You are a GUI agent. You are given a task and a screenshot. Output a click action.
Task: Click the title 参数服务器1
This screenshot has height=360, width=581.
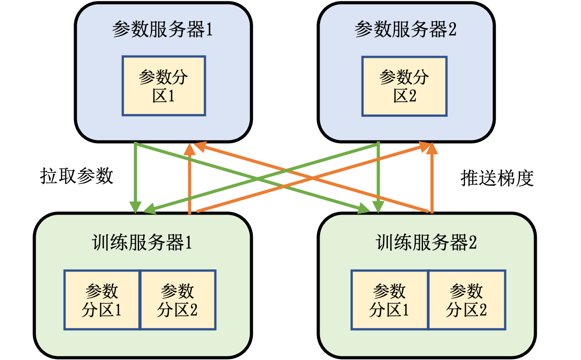coord(163,30)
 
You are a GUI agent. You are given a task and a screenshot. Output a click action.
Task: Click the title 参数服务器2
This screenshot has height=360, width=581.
coord(405,30)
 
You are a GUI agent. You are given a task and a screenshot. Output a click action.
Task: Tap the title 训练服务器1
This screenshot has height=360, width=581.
coord(142,243)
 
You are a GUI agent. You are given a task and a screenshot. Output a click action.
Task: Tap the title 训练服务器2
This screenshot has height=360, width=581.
coord(426,243)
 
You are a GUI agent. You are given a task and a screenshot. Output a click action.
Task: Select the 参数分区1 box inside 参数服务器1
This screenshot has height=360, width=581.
coord(163,86)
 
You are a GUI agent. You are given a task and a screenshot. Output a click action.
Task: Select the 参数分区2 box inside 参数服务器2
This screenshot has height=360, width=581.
coord(404,86)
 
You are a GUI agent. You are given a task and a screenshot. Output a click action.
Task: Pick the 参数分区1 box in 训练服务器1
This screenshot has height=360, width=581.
coord(102,300)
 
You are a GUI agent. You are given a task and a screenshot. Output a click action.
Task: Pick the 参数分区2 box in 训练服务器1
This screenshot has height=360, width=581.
coord(178,300)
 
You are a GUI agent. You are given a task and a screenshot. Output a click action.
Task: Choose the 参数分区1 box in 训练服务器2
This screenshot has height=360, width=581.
coord(389,300)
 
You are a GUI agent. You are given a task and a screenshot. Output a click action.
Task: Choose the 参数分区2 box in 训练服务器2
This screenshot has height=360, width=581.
coord(467,300)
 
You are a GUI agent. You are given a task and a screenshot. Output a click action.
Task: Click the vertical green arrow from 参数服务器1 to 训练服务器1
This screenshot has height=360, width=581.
coord(135,176)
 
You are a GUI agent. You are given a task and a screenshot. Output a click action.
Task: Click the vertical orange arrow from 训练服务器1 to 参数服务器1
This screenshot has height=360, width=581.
coord(190,181)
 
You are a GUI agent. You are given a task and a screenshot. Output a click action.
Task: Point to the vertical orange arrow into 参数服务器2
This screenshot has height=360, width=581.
coord(432,181)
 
